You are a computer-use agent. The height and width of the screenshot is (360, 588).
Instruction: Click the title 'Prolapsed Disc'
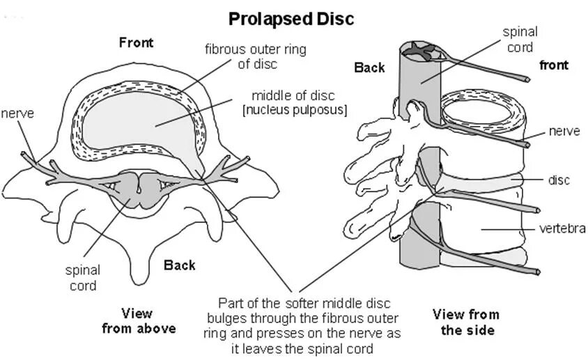(293, 17)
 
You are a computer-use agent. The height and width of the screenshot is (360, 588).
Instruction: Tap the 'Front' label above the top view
(136, 42)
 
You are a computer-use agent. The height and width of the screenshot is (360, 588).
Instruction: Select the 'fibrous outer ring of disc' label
(255, 56)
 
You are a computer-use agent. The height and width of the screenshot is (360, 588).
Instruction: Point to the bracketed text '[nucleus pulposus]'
(295, 109)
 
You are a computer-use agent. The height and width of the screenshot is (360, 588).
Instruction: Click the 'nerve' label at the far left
(16, 113)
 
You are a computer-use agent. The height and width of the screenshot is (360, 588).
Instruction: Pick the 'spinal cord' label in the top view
(82, 277)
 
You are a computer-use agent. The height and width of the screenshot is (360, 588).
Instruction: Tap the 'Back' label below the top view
(179, 265)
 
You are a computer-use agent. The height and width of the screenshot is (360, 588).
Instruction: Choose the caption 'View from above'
(138, 320)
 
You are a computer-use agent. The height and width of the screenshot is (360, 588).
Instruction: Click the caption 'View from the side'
(466, 321)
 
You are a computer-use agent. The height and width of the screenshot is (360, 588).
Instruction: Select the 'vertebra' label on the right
(561, 228)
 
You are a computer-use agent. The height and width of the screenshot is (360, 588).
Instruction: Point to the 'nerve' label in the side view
(564, 132)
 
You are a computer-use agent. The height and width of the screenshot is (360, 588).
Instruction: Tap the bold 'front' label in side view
(554, 65)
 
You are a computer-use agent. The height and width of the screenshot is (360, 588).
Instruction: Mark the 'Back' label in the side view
(369, 68)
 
